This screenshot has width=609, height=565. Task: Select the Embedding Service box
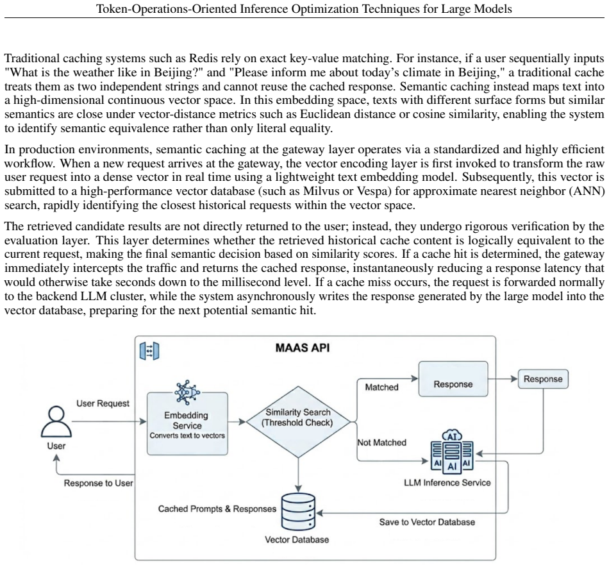coord(187,423)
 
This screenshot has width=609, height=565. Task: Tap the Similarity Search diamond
coord(298,421)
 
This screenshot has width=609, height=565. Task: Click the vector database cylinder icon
coord(298,512)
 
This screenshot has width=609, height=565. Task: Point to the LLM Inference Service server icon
coord(452,452)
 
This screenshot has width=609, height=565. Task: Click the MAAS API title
coord(303,348)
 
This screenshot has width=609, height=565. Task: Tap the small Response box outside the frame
coord(543,379)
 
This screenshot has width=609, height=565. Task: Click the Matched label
coord(382,387)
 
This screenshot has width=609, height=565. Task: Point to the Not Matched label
coord(382,443)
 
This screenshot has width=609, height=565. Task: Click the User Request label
coord(103,403)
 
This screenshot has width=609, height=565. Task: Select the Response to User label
coord(98,483)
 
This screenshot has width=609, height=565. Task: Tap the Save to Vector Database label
coord(427,522)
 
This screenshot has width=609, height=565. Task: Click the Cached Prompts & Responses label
coord(217,509)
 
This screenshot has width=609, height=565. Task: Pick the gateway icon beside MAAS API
coord(149,351)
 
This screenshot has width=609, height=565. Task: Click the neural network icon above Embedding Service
coord(187,392)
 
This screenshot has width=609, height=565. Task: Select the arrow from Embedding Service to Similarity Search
coord(237,421)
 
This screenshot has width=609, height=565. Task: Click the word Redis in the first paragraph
coord(203,58)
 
